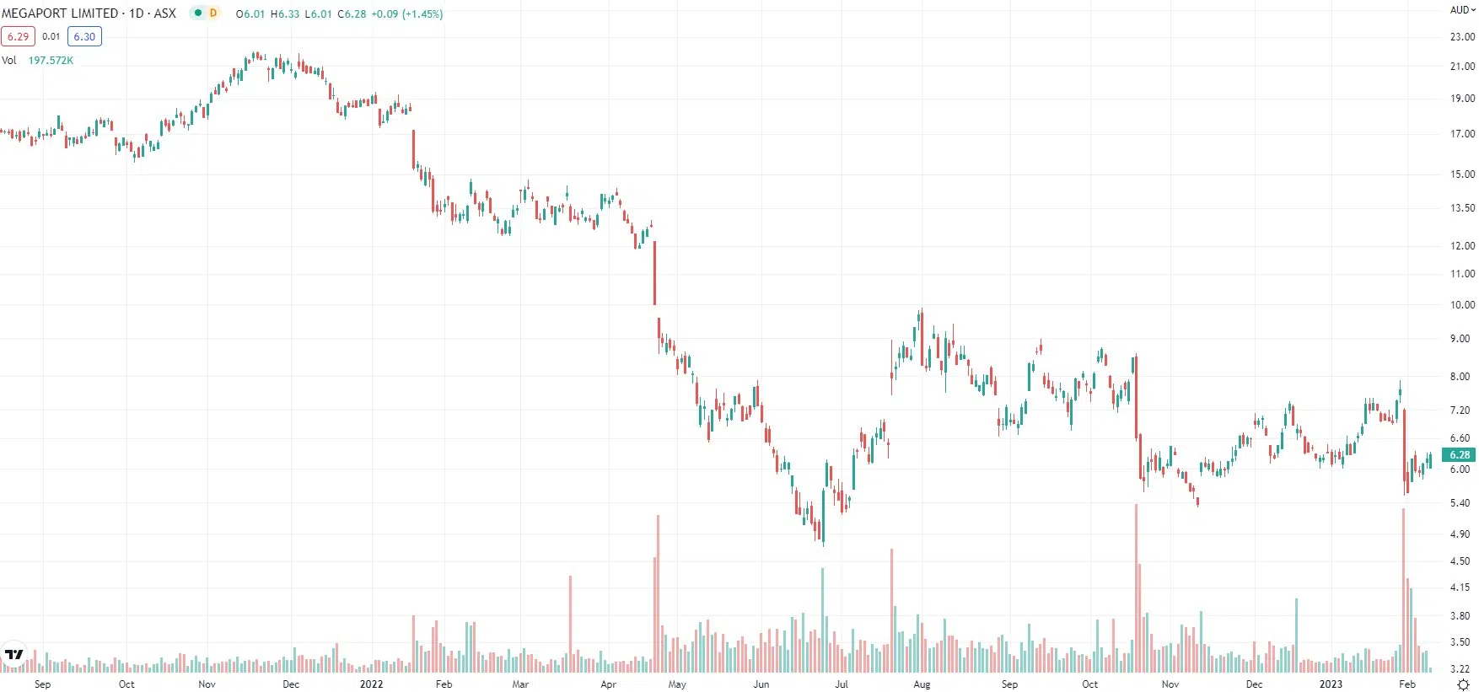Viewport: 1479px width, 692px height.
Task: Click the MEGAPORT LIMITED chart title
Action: click(x=60, y=13)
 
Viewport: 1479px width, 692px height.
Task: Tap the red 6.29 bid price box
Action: click(x=18, y=36)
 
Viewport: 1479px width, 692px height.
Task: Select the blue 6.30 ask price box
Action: click(x=84, y=36)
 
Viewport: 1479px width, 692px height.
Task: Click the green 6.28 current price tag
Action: click(x=1460, y=455)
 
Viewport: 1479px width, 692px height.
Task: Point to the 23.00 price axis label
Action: click(x=1462, y=37)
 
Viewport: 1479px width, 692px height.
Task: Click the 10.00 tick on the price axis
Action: click(x=1462, y=305)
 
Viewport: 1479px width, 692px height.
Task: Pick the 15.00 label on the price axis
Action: click(x=1462, y=174)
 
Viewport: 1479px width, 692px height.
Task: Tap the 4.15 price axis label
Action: click(x=1460, y=587)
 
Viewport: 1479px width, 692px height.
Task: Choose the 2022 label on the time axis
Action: click(x=371, y=684)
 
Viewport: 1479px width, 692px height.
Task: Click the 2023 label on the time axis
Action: click(x=1331, y=684)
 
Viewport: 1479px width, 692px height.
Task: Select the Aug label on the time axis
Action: click(x=922, y=684)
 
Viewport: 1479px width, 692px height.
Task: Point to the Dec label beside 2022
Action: click(x=291, y=684)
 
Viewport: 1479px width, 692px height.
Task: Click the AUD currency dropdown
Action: click(x=1462, y=10)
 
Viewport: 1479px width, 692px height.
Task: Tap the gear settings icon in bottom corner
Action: click(x=1463, y=685)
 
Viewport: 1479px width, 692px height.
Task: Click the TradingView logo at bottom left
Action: click(x=14, y=654)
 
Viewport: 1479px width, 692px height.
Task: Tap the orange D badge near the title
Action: click(x=213, y=13)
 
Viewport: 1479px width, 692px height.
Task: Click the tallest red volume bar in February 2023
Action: click(x=1404, y=590)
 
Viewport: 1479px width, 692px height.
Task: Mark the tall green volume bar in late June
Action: click(x=822, y=620)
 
